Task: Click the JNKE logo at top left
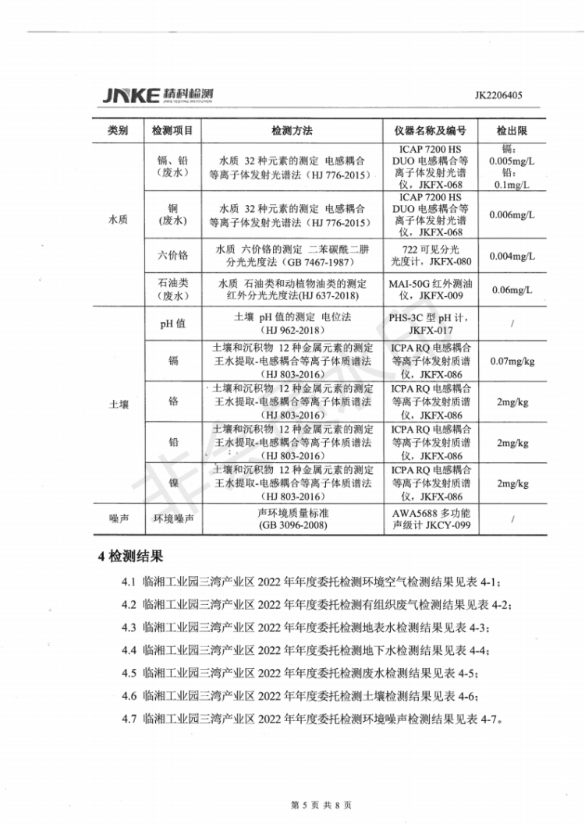[157, 95]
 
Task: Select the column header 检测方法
[292, 129]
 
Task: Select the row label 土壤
[118, 405]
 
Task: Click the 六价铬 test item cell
[172, 256]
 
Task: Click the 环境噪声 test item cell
[172, 519]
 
